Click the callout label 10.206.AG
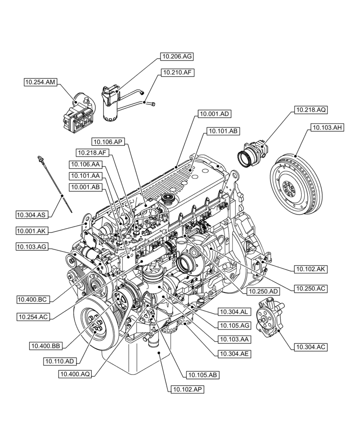177,57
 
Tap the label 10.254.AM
41,82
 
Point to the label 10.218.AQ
310,109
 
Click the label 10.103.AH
327,128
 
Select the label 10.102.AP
186,389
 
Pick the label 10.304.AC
310,346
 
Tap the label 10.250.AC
310,289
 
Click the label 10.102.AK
310,269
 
